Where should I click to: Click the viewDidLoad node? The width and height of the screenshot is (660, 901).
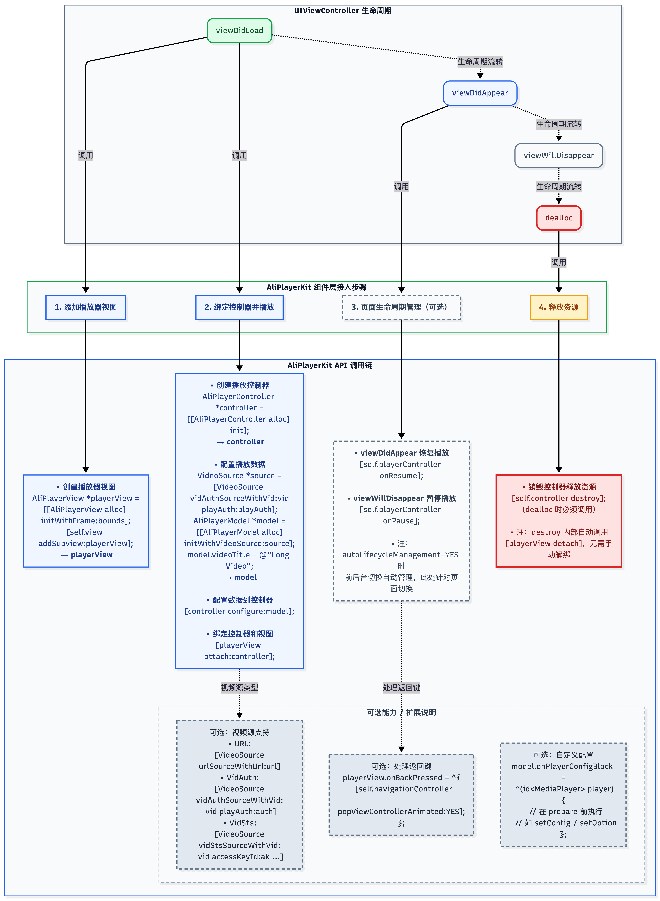coord(239,31)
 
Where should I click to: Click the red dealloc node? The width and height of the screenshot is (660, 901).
coord(559,218)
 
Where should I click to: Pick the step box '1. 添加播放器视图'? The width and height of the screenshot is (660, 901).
coord(86,307)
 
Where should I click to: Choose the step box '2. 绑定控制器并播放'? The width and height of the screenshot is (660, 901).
coord(239,307)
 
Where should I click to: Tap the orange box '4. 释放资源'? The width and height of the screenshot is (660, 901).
coord(559,307)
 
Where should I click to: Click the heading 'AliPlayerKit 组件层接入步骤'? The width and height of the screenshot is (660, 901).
coord(316,287)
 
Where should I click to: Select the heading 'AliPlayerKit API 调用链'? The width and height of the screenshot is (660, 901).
coord(330,365)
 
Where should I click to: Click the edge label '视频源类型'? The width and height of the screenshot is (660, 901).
coord(239,687)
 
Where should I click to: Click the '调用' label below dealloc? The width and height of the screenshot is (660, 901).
coord(559,262)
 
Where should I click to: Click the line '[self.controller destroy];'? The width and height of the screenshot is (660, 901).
coord(559,498)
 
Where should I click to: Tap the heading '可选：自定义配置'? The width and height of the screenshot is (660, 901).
coord(563,755)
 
